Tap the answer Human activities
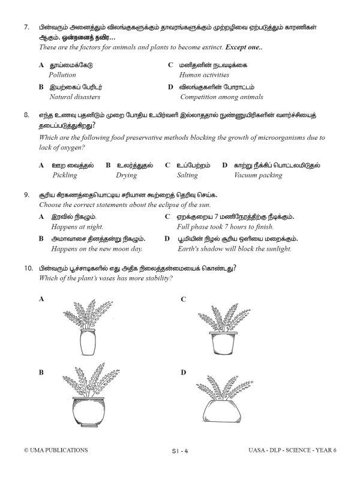pyautogui.click(x=204, y=75)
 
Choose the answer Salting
pyautogui.click(x=187, y=176)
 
